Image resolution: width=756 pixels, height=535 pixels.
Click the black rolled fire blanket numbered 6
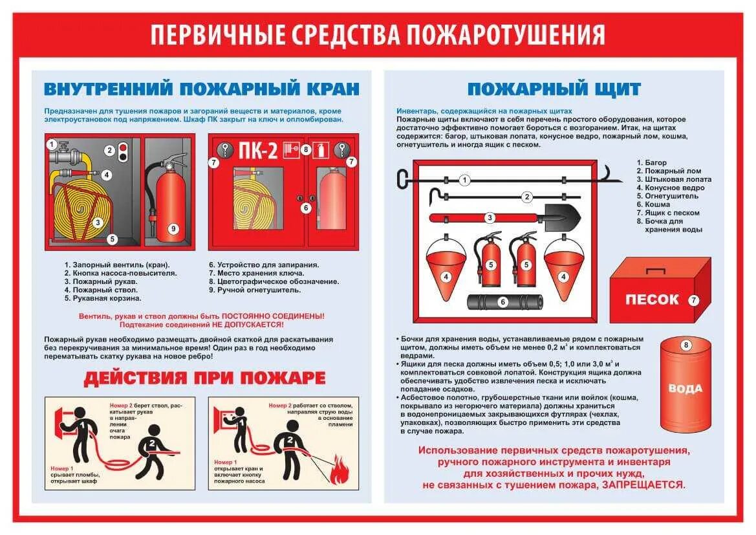(505, 302)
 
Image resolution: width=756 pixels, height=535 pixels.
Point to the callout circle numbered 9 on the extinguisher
(172, 228)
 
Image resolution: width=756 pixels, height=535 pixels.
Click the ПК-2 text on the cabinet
(259, 151)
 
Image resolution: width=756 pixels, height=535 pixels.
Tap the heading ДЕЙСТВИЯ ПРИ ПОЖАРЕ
(204, 378)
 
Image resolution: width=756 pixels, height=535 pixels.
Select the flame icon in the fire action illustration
(338, 470)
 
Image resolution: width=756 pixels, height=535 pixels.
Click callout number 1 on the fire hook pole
(464, 179)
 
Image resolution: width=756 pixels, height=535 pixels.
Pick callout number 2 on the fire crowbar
(527, 197)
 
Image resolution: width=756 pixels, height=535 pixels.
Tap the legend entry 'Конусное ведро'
(675, 188)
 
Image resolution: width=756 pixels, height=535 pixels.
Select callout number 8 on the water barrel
(686, 345)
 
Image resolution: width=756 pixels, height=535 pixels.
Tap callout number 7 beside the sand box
(693, 300)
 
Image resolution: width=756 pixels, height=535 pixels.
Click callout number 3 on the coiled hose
(98, 223)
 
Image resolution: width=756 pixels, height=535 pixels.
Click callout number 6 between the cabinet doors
(306, 208)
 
